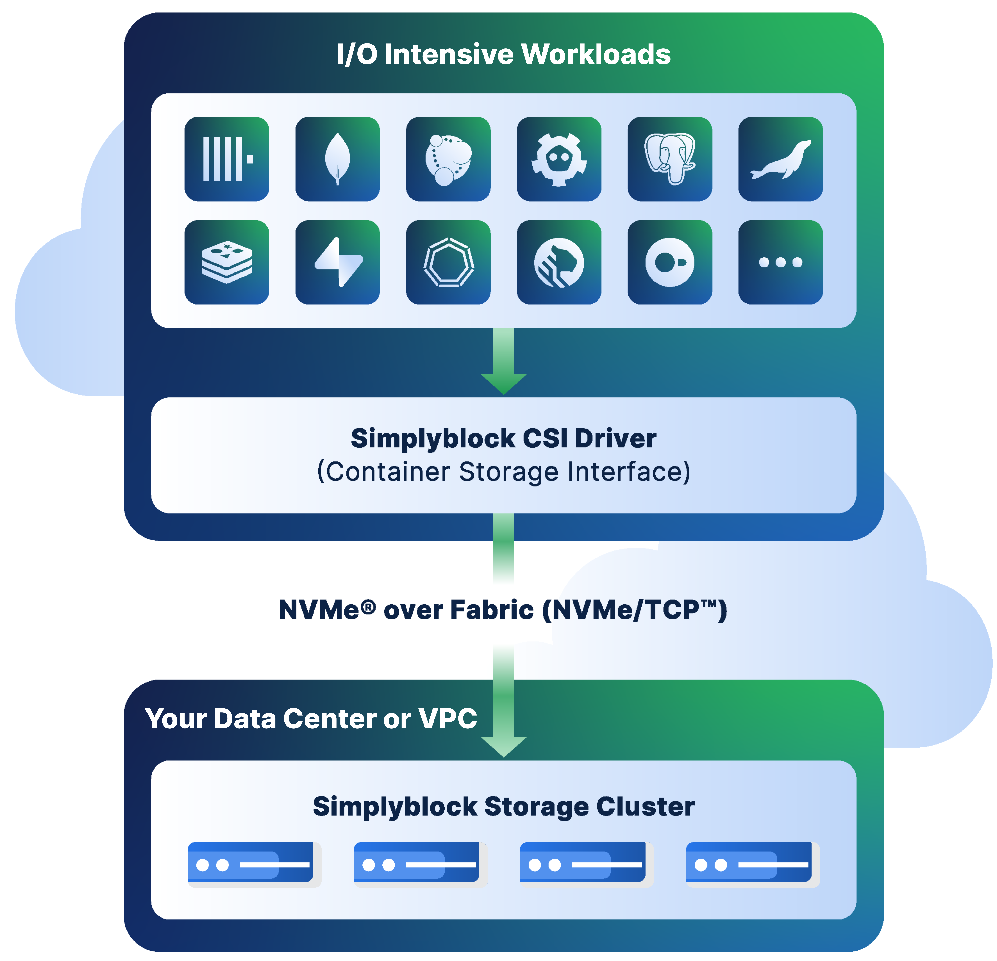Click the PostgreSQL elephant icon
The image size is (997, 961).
(x=669, y=159)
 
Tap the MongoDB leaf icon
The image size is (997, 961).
(x=337, y=159)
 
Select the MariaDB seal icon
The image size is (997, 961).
(x=780, y=159)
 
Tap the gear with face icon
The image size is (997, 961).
(x=559, y=159)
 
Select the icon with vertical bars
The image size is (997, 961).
(x=226, y=159)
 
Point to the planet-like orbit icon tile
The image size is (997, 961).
(x=448, y=159)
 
